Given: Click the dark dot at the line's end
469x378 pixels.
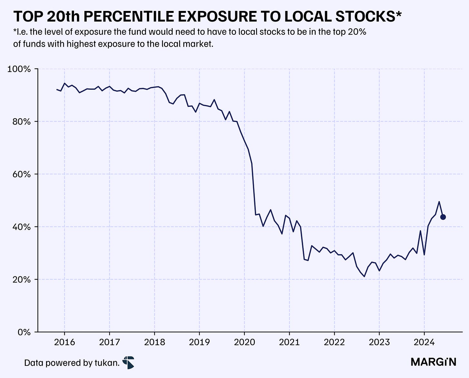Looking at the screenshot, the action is (443, 217).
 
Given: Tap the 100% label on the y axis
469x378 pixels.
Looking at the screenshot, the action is (19, 69).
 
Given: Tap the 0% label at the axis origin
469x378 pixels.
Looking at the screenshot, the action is (24, 332).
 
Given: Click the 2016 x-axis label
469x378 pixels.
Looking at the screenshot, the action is (64, 342).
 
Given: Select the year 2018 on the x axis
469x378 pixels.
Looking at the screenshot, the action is (155, 342).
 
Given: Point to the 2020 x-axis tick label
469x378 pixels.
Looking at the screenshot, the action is (244, 342).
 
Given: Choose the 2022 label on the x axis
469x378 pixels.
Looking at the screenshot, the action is (334, 342).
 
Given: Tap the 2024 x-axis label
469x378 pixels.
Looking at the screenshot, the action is (424, 342).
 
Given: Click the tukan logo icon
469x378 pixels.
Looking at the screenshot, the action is (129, 363).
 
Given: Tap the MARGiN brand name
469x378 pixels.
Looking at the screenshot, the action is (434, 362).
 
